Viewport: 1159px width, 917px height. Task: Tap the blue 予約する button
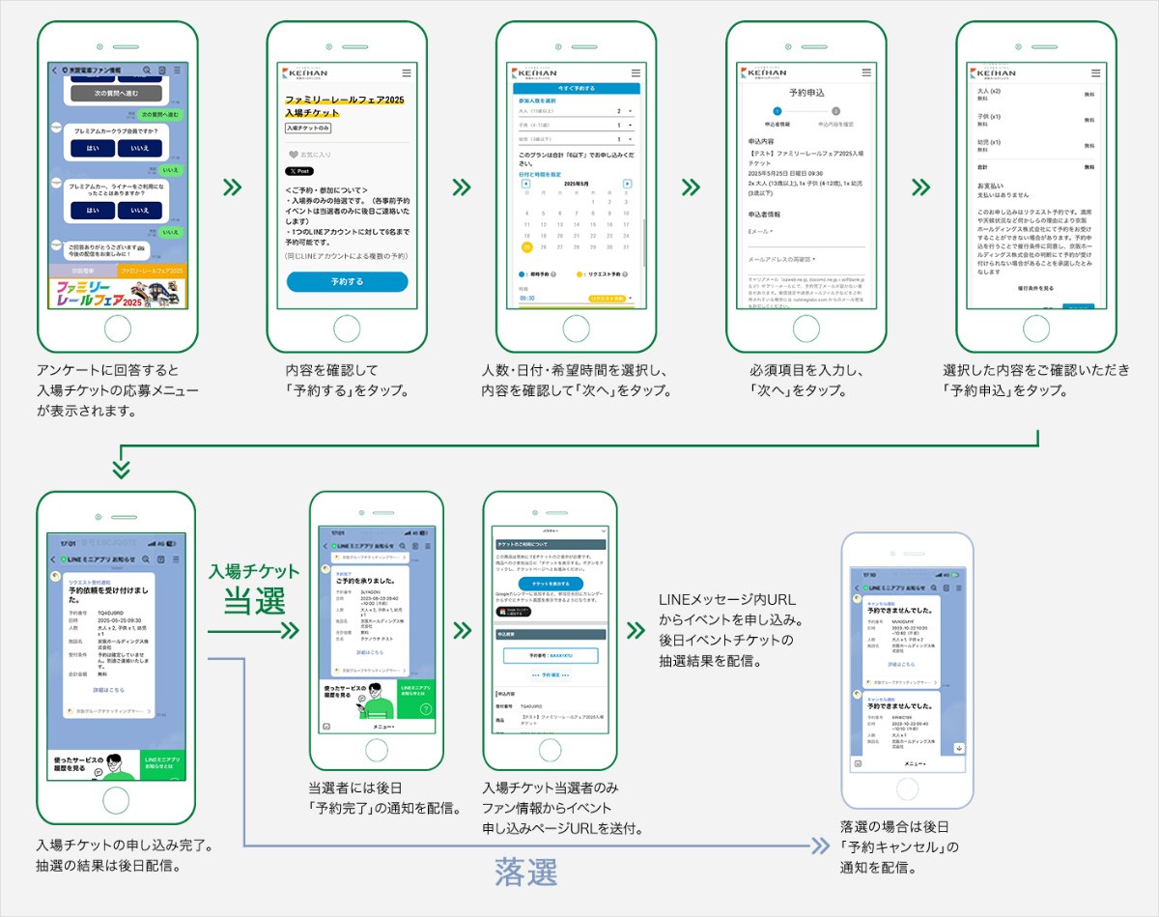347,281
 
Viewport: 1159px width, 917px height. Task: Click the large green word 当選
255,601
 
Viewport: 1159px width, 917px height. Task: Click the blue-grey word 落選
525,872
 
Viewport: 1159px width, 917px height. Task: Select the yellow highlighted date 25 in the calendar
526,247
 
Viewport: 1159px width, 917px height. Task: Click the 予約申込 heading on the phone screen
806,94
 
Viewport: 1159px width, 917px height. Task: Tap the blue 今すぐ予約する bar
577,88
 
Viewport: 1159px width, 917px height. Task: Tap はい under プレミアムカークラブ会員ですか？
93,149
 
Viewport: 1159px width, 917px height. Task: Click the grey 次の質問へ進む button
116,93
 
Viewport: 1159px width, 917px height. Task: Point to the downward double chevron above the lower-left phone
121,469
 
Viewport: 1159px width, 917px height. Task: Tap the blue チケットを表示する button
550,585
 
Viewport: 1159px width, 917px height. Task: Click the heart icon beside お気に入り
293,154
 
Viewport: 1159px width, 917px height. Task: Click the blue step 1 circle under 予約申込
777,112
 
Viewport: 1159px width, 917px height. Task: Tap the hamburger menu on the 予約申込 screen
865,73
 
